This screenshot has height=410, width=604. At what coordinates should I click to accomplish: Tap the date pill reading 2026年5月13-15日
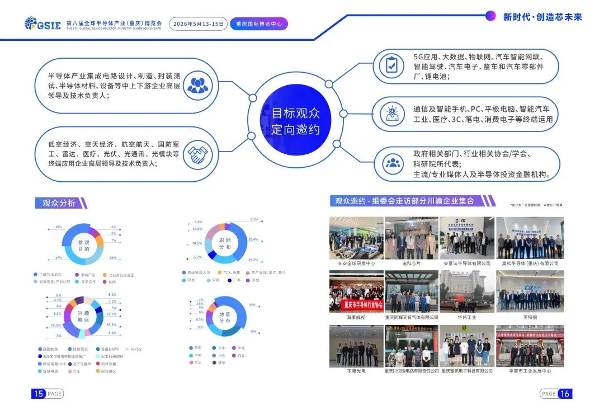[199, 24]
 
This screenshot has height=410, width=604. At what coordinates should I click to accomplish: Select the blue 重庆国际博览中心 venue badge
[258, 24]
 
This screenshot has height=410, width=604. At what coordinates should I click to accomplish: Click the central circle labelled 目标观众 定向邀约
[295, 121]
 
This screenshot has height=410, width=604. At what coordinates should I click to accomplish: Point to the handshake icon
[197, 155]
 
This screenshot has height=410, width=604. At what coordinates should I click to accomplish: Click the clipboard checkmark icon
[391, 66]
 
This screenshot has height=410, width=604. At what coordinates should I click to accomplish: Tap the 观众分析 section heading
[59, 203]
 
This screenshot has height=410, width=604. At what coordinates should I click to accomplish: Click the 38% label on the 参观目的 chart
[58, 227]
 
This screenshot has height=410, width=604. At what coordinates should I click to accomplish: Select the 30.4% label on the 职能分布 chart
[253, 239]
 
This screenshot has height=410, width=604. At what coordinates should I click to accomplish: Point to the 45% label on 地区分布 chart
[252, 305]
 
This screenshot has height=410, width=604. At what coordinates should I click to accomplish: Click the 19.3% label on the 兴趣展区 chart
[56, 325]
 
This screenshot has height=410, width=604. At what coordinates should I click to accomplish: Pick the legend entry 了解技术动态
[50, 275]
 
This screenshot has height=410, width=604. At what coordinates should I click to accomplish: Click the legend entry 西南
[196, 347]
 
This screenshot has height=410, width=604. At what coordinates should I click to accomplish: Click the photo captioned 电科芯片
[412, 238]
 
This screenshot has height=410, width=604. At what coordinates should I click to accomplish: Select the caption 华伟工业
[466, 317]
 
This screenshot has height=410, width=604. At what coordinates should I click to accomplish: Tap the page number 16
[564, 394]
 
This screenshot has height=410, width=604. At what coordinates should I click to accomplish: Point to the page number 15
[39, 394]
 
